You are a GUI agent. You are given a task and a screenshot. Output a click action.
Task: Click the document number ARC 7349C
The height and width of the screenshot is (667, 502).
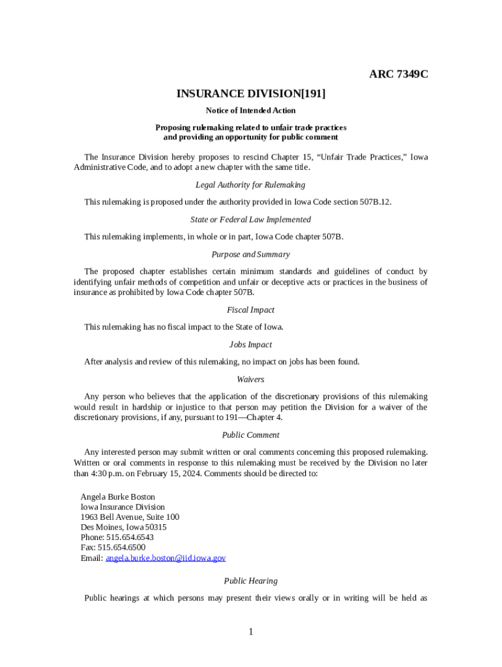pos(398,74)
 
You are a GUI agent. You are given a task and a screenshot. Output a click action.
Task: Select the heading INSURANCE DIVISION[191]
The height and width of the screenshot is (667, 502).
pos(251,94)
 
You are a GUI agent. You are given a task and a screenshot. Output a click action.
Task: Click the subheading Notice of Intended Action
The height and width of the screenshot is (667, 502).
pos(251,111)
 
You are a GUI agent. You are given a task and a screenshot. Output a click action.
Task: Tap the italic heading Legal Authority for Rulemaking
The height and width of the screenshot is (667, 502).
pos(251,185)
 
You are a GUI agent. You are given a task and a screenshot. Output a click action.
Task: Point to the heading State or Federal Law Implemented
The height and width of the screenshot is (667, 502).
pos(251,220)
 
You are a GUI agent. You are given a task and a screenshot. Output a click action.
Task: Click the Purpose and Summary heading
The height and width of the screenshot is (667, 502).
pos(251,254)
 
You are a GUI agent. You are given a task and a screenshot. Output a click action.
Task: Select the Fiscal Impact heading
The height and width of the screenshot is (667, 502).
pos(251,310)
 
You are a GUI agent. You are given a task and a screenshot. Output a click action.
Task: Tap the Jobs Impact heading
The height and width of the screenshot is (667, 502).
pos(251,345)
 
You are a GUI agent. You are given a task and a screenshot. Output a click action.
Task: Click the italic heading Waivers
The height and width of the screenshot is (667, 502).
pos(251,379)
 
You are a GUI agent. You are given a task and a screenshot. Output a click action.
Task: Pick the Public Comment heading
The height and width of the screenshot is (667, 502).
pos(251,435)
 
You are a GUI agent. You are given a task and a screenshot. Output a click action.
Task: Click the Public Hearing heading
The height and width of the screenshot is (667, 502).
pos(251,581)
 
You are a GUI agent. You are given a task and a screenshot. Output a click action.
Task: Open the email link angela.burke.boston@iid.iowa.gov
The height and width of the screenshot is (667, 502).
pos(166,558)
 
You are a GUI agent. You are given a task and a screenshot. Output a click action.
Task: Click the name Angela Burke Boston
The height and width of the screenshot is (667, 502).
pos(118,496)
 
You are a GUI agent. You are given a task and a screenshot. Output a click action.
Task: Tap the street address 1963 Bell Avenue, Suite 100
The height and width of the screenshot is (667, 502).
pos(130,517)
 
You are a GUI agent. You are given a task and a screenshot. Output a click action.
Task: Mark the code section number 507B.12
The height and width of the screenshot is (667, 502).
pos(376,202)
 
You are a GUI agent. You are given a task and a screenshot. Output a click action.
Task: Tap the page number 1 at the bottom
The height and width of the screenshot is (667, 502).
pos(251,632)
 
